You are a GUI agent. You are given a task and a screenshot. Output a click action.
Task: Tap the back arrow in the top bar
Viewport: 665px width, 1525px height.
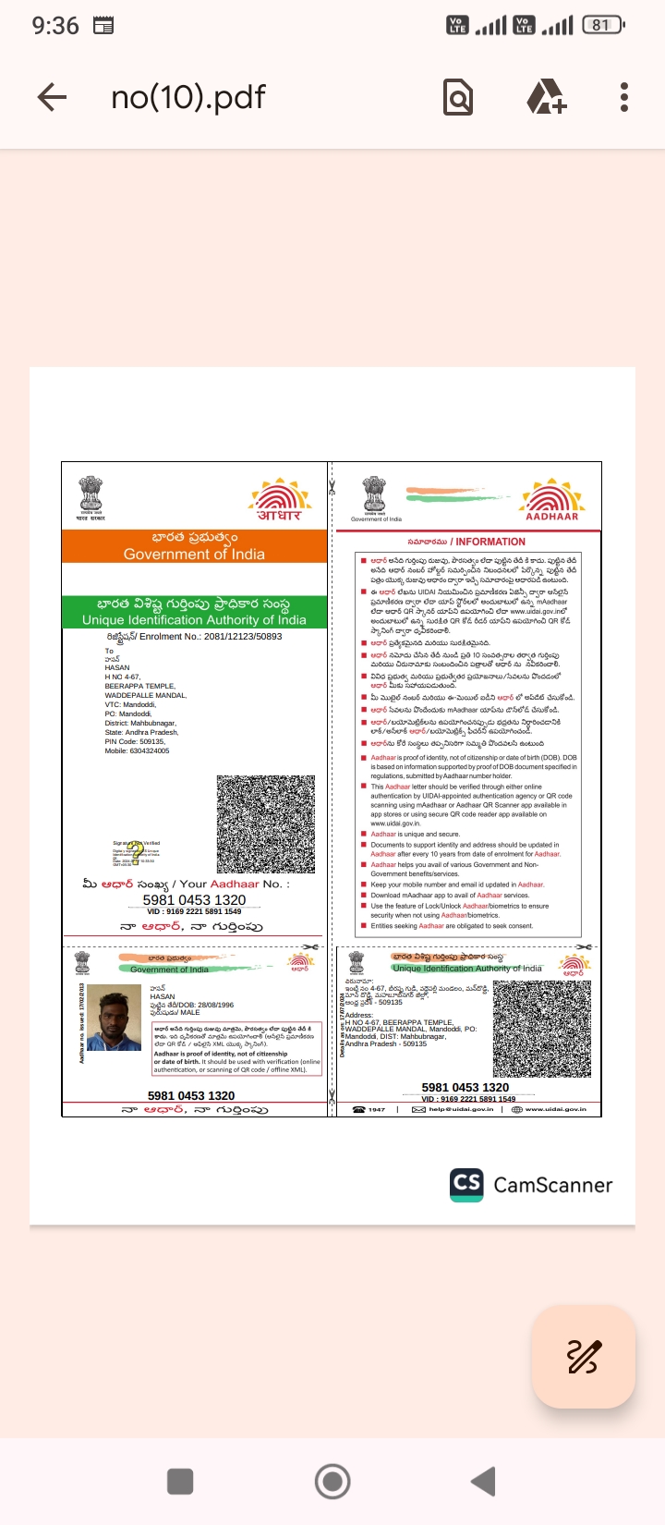(53, 97)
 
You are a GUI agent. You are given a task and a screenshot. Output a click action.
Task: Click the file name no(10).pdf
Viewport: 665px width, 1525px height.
(188, 97)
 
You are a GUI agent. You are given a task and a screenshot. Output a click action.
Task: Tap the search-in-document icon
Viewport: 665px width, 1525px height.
(458, 97)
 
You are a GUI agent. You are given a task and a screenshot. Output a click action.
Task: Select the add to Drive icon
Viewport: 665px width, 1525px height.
(546, 97)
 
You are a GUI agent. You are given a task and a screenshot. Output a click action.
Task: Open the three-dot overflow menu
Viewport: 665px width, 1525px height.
(624, 97)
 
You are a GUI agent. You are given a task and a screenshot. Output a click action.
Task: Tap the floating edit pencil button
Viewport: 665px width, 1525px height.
(584, 1356)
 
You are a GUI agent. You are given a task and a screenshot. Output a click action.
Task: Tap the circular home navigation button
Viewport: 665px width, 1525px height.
(332, 1482)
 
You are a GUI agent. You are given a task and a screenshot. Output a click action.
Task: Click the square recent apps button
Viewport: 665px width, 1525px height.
(180, 1482)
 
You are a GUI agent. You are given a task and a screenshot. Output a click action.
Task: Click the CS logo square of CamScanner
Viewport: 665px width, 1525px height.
(467, 1185)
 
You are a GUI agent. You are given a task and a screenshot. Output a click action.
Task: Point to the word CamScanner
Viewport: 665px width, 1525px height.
(553, 1185)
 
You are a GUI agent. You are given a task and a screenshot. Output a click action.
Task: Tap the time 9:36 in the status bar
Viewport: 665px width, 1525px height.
(55, 25)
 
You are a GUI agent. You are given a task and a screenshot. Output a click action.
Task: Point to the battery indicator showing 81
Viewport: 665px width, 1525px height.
(602, 25)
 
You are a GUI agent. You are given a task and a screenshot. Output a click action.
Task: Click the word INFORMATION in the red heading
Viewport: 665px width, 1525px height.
(490, 542)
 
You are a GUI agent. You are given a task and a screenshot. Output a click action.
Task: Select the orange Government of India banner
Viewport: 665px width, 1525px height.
(194, 546)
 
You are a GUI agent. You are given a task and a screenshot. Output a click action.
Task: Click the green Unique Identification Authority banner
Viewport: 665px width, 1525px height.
(194, 612)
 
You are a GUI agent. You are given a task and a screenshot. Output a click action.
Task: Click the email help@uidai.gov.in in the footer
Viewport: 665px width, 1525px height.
(461, 1109)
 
